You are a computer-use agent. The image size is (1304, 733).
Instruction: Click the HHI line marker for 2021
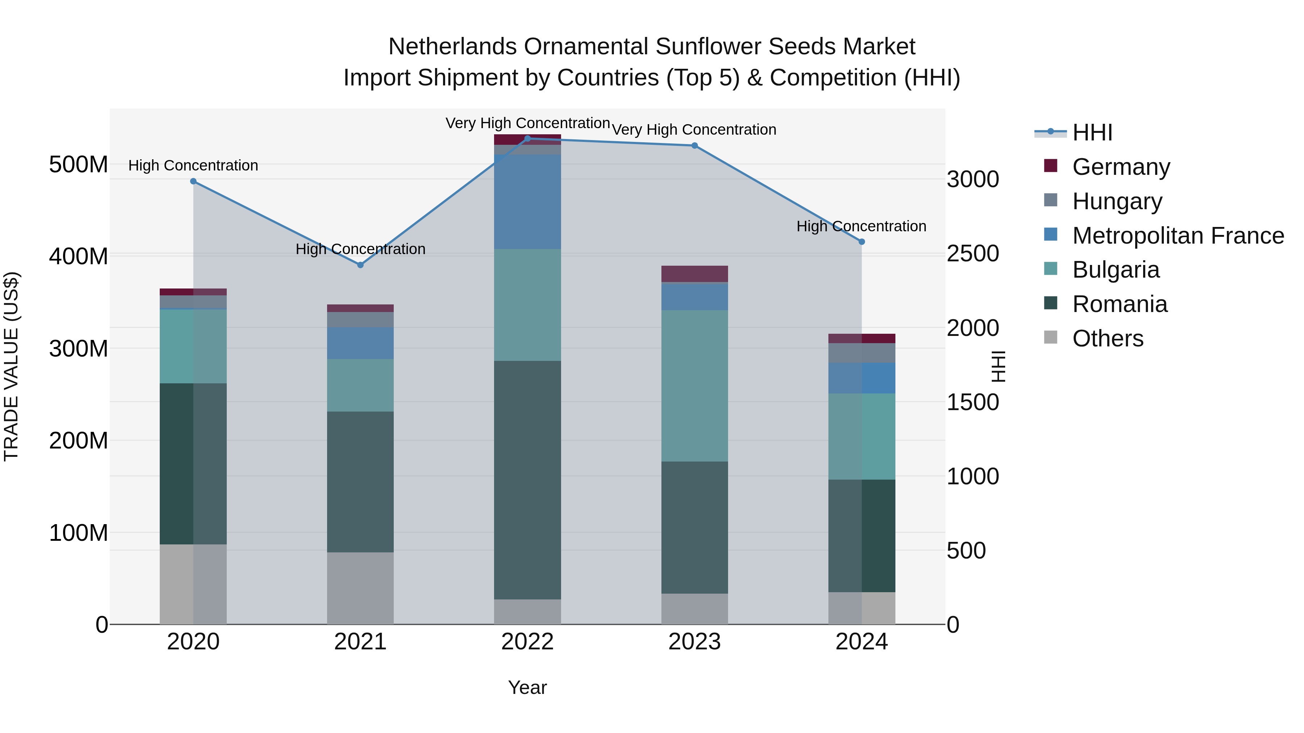360,265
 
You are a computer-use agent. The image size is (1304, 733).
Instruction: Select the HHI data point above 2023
694,146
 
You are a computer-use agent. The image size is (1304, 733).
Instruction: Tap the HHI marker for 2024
862,242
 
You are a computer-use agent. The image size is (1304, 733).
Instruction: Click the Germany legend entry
1121,167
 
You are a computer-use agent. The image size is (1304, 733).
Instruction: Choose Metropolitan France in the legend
1178,236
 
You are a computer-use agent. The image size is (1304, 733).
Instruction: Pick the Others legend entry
1108,338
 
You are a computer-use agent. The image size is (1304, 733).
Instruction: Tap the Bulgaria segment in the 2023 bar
694,386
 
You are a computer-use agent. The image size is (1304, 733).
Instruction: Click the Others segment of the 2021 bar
360,588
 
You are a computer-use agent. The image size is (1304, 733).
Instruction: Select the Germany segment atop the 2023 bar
694,274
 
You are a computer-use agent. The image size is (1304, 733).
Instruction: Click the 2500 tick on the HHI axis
973,254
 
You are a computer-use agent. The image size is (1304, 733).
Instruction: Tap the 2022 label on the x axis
527,642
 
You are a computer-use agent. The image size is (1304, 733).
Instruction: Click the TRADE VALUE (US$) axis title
11,366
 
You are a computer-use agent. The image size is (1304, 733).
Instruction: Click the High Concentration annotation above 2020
193,165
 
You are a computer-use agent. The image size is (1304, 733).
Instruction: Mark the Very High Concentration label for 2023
694,130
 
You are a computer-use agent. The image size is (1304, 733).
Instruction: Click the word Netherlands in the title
452,47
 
